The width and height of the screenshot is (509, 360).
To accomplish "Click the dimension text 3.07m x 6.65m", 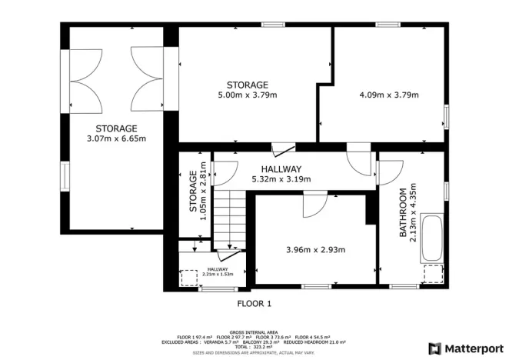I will [116, 138].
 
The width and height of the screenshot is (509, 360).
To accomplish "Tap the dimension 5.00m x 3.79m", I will [247, 95].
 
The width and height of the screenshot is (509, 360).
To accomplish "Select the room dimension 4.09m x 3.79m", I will [388, 95].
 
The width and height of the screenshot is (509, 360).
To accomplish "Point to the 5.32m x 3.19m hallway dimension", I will [281, 179].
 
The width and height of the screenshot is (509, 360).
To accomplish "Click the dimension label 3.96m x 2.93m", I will [315, 249].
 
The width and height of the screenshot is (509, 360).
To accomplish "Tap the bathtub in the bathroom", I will [433, 238].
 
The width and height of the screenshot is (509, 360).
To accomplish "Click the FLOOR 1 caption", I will [254, 303].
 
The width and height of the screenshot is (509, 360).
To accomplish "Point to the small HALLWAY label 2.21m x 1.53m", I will [218, 271].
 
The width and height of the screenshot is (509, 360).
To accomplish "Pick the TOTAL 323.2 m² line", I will [254, 346].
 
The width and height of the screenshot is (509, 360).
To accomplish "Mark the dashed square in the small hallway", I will [188, 278].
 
